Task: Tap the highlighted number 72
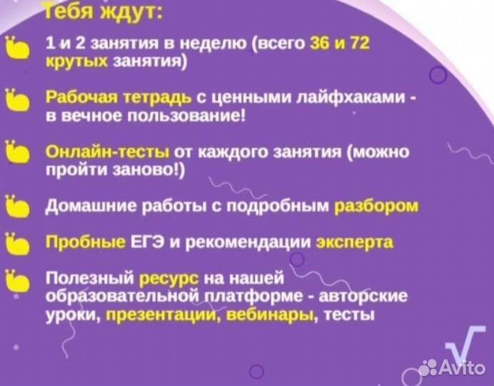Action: tap(356, 44)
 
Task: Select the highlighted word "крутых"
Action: tap(76, 62)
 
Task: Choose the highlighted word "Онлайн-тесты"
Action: tap(107, 152)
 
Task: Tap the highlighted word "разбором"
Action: tap(376, 207)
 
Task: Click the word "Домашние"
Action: tap(79, 207)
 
